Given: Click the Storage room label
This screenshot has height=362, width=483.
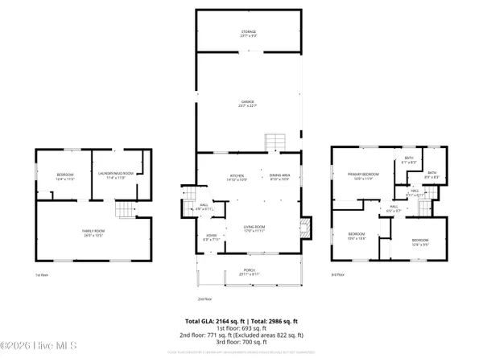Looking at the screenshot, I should coord(248,33).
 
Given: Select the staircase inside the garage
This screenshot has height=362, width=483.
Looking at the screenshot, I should coord(276,142).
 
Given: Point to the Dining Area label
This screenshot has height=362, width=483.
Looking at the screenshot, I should coord(279,176).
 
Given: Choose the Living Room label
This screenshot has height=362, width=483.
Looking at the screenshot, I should coord(255,228).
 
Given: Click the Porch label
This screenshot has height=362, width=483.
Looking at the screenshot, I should coord(250,271).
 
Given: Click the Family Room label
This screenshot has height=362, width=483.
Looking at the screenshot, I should coord(93,233).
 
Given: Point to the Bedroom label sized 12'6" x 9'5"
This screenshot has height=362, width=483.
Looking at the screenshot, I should coord(420,241).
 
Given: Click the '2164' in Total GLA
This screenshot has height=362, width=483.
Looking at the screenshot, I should coord(229,320).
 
